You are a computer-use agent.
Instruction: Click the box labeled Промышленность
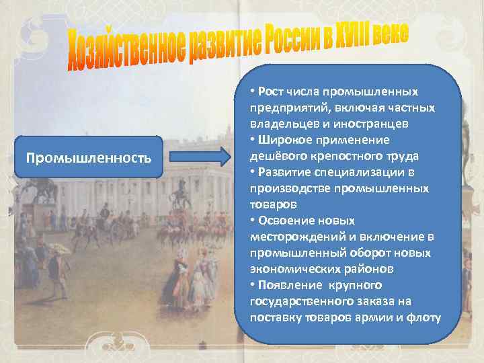[88, 158]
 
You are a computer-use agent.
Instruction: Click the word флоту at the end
[426, 317]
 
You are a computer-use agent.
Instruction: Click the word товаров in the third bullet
[268, 204]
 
